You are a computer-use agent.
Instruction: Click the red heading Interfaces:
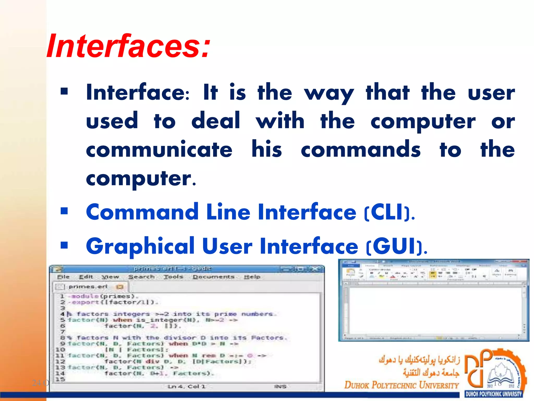coord(128,46)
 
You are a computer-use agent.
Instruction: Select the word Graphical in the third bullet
coord(140,246)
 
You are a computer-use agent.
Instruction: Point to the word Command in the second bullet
coord(142,212)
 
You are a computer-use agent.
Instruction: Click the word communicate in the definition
coord(159,150)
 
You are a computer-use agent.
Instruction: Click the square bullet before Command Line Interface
coord(64,211)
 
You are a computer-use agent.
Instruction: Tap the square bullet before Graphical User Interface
coord(64,245)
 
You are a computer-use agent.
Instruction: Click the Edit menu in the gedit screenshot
coord(86,277)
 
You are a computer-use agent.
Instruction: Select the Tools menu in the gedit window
coord(173,277)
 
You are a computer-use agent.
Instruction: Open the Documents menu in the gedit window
coord(214,277)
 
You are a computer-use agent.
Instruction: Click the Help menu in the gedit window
coord(252,277)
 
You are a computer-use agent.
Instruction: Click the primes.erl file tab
coord(88,287)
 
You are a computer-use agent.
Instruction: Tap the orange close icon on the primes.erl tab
coord(120,287)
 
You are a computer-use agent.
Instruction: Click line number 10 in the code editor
coord(60,350)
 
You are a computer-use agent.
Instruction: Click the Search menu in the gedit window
coord(141,277)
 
